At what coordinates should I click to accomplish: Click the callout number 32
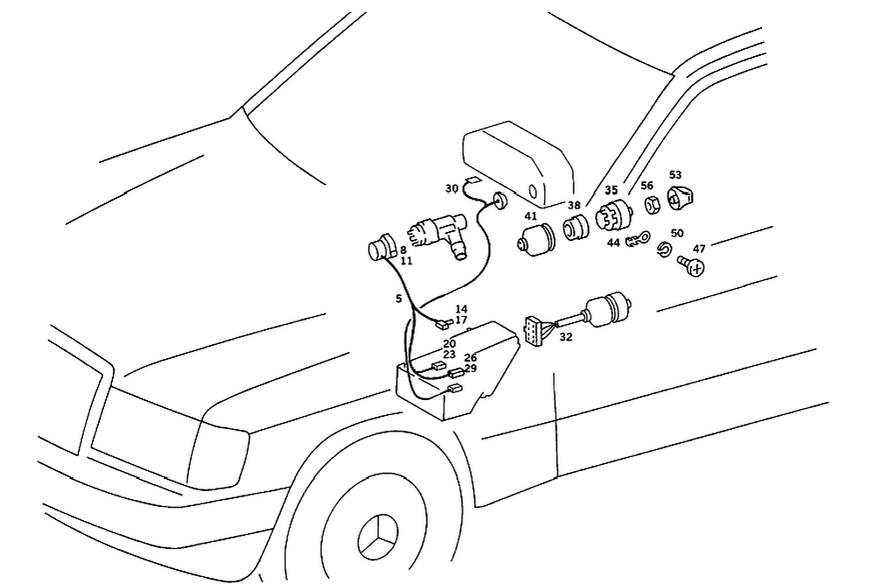tap(566, 336)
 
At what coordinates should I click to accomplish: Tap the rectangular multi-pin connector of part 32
tap(532, 328)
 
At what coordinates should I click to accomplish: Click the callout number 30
tap(451, 188)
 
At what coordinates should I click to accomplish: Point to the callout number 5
tap(399, 299)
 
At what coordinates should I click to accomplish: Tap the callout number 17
tap(461, 320)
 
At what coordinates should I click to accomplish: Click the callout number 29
tap(470, 369)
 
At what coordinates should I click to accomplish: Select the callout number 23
tap(449, 355)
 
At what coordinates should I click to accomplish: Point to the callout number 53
tap(675, 174)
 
